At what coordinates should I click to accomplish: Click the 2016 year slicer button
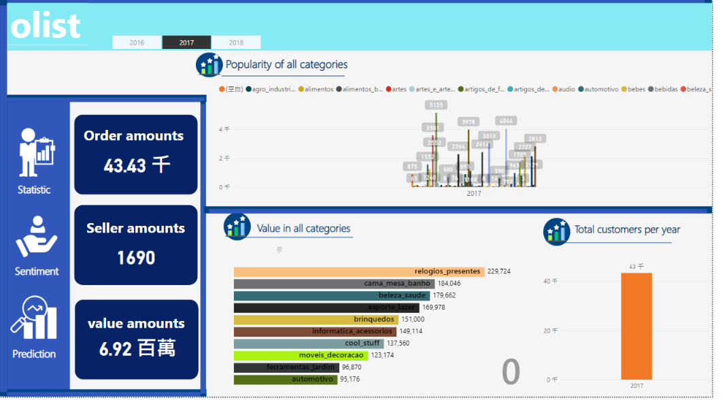tap(137, 43)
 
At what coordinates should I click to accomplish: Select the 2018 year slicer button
tap(236, 43)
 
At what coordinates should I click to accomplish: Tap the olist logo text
tap(46, 27)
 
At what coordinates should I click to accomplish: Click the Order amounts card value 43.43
tap(136, 165)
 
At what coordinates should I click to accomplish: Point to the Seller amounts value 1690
tap(136, 258)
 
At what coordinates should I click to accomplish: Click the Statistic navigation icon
tap(36, 152)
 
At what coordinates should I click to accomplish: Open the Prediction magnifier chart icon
tap(33, 318)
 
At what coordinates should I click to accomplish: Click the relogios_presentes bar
tap(358, 271)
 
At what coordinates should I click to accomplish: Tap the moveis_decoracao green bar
tap(301, 355)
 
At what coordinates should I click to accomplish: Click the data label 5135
tap(436, 105)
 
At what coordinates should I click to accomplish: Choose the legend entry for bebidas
tap(666, 89)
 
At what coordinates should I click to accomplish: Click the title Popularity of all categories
tap(286, 65)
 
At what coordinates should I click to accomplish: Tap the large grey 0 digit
tap(511, 372)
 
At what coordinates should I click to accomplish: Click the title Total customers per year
tap(627, 229)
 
